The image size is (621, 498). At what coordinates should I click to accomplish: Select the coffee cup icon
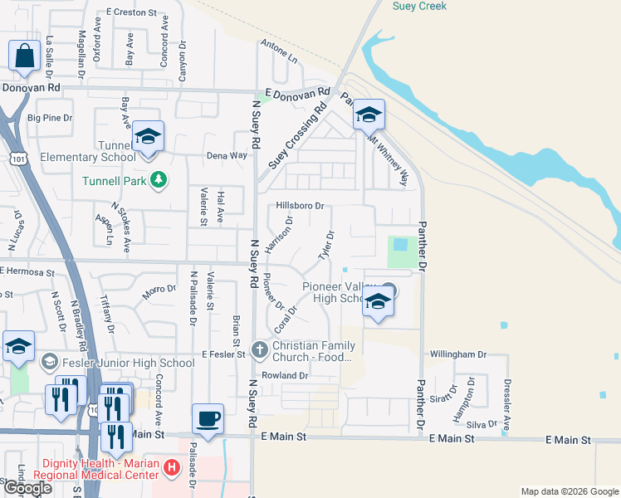(x=208, y=417)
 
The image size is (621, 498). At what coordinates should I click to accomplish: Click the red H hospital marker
(x=172, y=468)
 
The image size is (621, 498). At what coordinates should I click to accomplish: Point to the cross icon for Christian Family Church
(x=260, y=349)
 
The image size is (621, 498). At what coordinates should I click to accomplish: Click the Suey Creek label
(x=419, y=7)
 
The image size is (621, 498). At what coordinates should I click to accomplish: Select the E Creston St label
(x=131, y=13)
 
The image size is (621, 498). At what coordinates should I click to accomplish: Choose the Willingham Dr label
(x=457, y=354)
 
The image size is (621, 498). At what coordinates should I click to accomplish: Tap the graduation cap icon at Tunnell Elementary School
(x=148, y=137)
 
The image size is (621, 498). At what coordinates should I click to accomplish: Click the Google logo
(x=27, y=488)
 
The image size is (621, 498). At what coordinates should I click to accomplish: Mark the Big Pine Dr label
(x=50, y=118)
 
